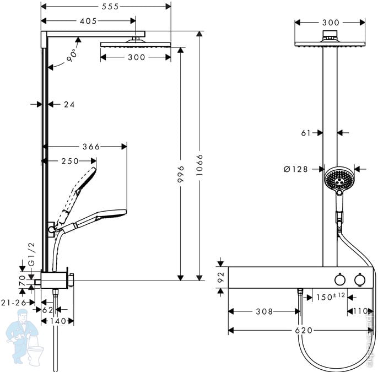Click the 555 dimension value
pyautogui.click(x=110, y=7)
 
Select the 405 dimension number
pyautogui.click(x=88, y=21)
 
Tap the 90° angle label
pyautogui.click(x=72, y=55)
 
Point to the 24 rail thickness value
pyautogui.click(x=69, y=104)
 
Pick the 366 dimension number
pyautogui.click(x=91, y=147)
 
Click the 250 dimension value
pyautogui.click(x=70, y=161)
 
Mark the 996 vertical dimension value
pyautogui.click(x=181, y=174)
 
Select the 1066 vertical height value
pyautogui.click(x=199, y=165)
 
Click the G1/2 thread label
pyautogui.click(x=31, y=255)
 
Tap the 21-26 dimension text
pyautogui.click(x=14, y=303)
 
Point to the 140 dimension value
pyautogui.click(x=57, y=321)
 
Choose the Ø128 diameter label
pyautogui.click(x=296, y=169)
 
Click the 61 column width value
pyautogui.click(x=306, y=133)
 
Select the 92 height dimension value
pyautogui.click(x=221, y=277)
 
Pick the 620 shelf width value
pyautogui.click(x=304, y=330)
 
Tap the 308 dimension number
pyautogui.click(x=264, y=311)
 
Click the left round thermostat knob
pyautogui.click(x=340, y=279)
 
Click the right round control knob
pyautogui.click(x=360, y=279)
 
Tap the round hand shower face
pyautogui.click(x=339, y=179)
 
